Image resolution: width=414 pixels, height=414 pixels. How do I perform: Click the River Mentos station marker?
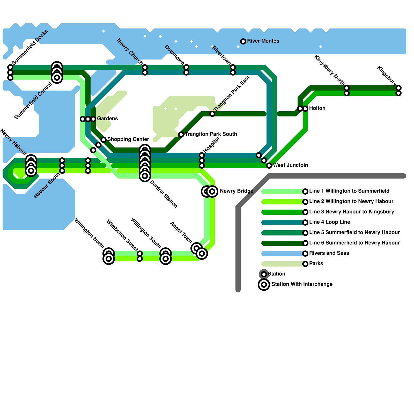pyautogui.click(x=243, y=41)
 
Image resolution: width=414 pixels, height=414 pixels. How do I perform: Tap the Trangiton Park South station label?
pyautogui.click(x=211, y=134)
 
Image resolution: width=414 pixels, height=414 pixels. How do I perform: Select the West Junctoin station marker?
pyautogui.click(x=269, y=165)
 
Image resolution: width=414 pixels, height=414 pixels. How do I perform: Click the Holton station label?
pyautogui.click(x=317, y=108)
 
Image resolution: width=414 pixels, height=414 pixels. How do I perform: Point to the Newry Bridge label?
pyautogui.click(x=236, y=191)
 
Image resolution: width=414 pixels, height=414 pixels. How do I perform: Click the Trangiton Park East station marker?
pyautogui.click(x=212, y=114)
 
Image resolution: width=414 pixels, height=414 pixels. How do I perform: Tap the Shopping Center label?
pyautogui.click(x=128, y=139)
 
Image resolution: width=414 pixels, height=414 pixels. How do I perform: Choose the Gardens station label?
pyautogui.click(x=107, y=119)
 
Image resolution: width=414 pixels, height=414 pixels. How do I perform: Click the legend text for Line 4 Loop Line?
pyautogui.click(x=329, y=222)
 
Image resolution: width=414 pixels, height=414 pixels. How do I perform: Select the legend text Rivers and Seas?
pyautogui.click(x=329, y=253)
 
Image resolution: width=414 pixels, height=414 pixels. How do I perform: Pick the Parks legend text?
pyautogui.click(x=316, y=263)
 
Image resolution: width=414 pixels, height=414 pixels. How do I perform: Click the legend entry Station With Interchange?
pyautogui.click(x=302, y=284)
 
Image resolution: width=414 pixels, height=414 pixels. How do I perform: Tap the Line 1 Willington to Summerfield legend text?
pyautogui.click(x=349, y=191)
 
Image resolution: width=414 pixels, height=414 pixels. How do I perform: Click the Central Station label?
pyautogui.click(x=164, y=194)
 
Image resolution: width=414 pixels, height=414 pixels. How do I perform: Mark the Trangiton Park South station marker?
pyautogui.click(x=181, y=135)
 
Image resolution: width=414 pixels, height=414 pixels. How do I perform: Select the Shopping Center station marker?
pyautogui.click(x=103, y=140)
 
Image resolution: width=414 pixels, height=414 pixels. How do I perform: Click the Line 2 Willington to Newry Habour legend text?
pyautogui.click(x=351, y=201)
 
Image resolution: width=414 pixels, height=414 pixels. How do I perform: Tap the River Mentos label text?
pyautogui.click(x=263, y=41)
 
